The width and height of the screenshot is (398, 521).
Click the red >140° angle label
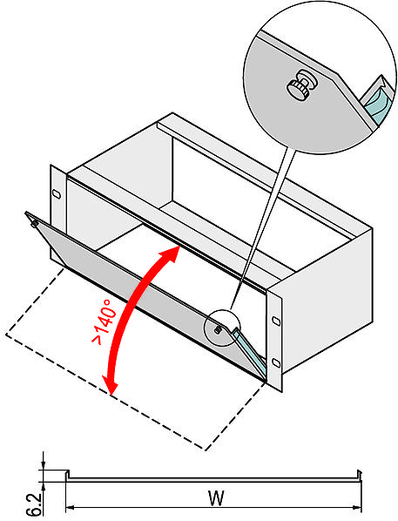[106, 321]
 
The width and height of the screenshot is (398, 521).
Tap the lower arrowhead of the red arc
[111, 385]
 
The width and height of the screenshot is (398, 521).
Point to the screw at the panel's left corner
[34, 224]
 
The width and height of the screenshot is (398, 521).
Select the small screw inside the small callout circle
[218, 329]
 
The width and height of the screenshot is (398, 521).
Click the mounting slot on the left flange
[57, 194]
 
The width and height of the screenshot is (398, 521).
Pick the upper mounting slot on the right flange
[276, 321]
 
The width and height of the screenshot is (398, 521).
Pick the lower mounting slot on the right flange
[276, 362]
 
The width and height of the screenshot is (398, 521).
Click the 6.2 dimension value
[34, 504]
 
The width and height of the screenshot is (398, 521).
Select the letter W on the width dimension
[216, 498]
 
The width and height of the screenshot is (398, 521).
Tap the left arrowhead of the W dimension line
[70, 508]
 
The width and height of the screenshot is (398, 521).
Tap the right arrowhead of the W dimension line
[357, 508]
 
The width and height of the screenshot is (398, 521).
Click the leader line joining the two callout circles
[263, 228]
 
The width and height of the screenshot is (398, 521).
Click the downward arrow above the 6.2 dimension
[44, 461]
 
